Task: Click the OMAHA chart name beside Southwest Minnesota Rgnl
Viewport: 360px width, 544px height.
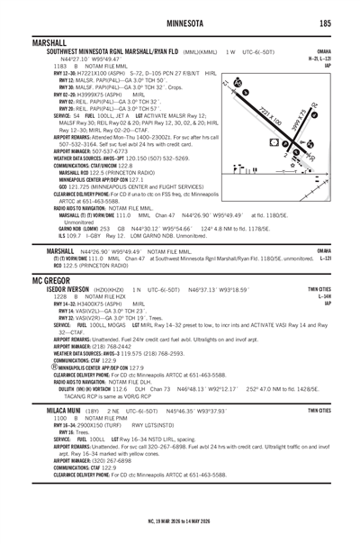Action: [343, 50]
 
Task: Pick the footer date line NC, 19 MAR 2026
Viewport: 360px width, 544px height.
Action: [180, 532]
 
